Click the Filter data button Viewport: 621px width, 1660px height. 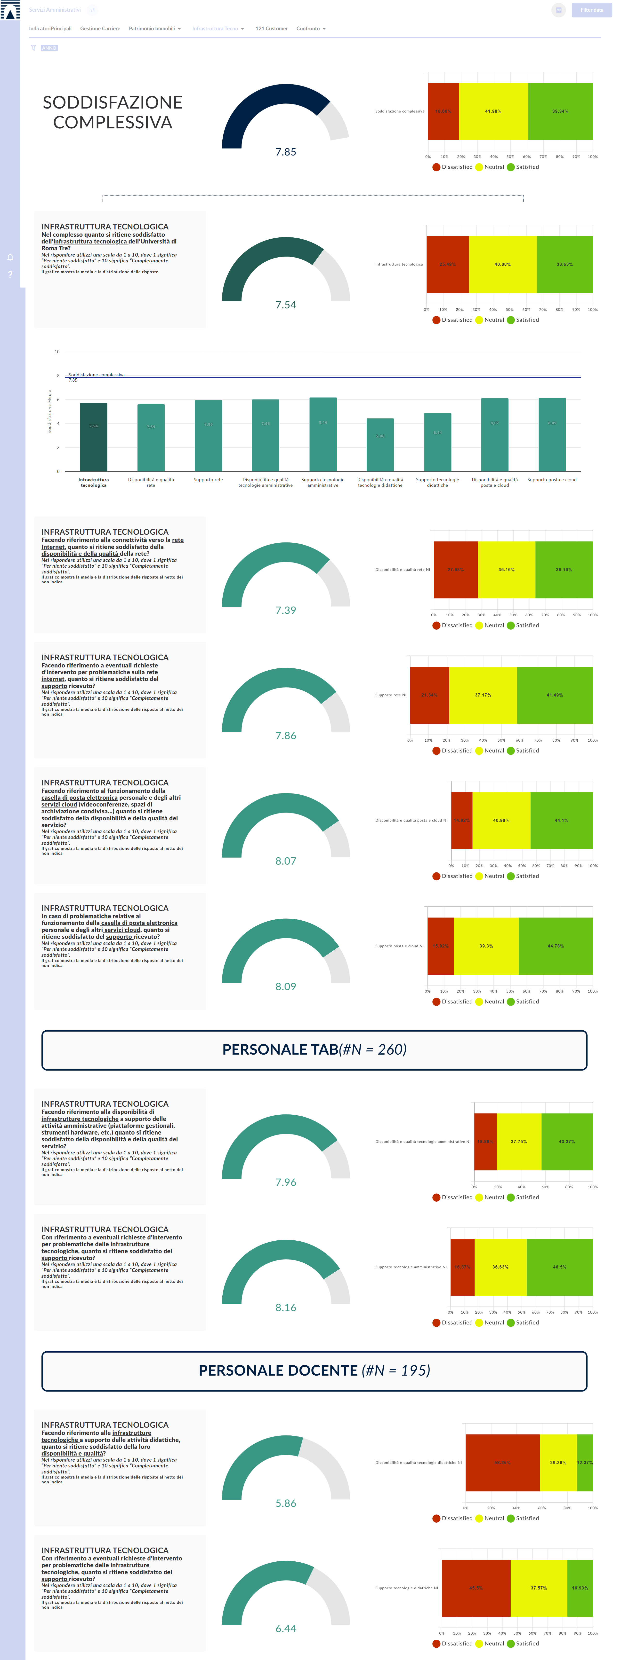tap(591, 10)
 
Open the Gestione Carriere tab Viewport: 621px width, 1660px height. tap(100, 28)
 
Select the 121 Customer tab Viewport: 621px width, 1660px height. tap(272, 28)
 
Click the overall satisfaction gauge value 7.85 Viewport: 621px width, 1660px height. tap(286, 152)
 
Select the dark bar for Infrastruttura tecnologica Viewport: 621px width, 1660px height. tap(94, 437)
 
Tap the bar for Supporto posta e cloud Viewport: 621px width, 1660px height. tap(552, 435)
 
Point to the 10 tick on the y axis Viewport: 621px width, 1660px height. tap(57, 352)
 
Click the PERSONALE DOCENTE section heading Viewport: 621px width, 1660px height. tap(314, 1371)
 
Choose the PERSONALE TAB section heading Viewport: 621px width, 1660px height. tap(314, 1050)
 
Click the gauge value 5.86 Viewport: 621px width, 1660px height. tap(286, 1503)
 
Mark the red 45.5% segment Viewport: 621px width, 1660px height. tap(476, 1588)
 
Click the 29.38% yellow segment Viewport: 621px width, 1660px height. tap(558, 1463)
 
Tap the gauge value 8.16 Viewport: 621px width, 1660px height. tap(286, 1308)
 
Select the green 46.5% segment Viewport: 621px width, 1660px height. tap(559, 1267)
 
